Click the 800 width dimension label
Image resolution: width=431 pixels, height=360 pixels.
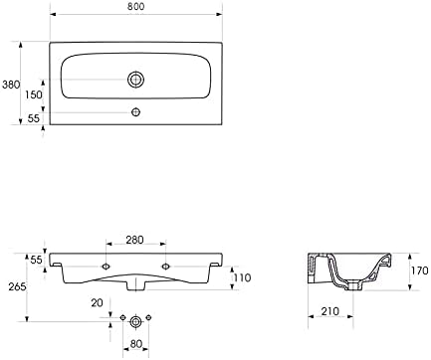click(135, 6)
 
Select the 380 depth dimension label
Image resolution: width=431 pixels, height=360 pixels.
click(11, 85)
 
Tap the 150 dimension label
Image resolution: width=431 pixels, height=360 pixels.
click(34, 94)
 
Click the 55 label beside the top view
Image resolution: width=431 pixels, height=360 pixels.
click(34, 118)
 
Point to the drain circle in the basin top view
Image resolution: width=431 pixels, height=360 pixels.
click(135, 80)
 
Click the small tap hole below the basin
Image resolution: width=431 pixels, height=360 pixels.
click(135, 112)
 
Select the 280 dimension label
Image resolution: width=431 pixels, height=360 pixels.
click(134, 240)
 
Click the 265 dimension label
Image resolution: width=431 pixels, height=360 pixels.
click(17, 286)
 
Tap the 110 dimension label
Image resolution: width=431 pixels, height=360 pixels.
click(242, 277)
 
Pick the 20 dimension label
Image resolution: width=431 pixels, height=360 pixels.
click(97, 302)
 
